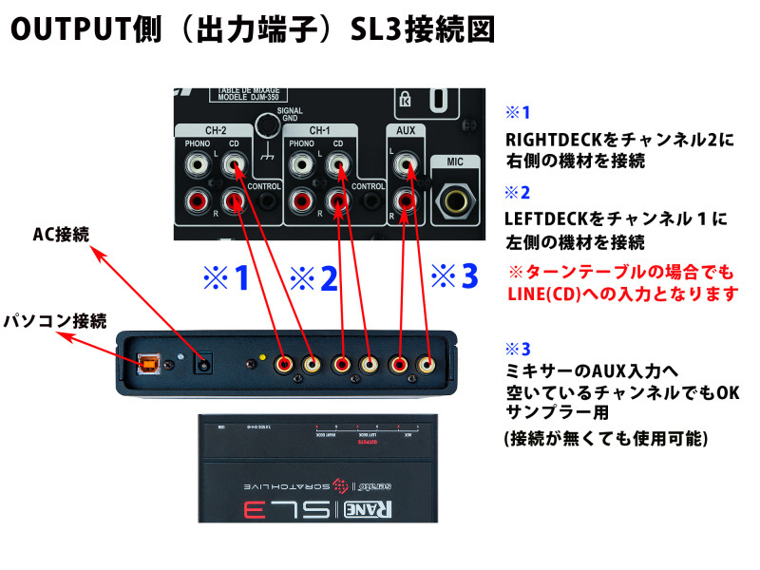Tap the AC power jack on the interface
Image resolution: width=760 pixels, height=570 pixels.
[x=201, y=361]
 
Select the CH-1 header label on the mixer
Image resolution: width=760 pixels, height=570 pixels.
[x=320, y=131]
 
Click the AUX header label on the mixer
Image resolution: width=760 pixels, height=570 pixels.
[x=406, y=131]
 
